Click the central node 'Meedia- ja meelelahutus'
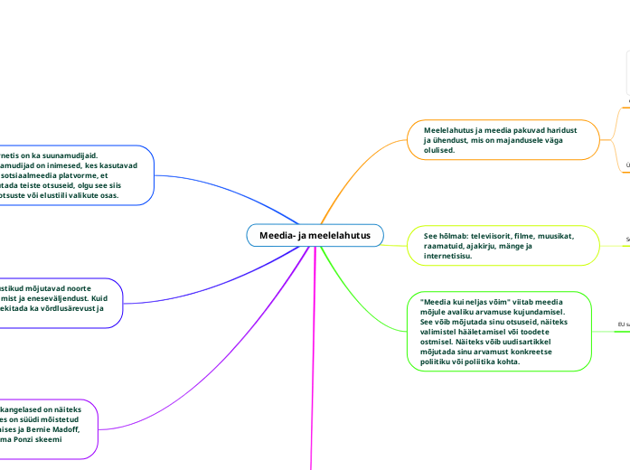click(x=315, y=236)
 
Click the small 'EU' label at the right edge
click(x=622, y=324)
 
